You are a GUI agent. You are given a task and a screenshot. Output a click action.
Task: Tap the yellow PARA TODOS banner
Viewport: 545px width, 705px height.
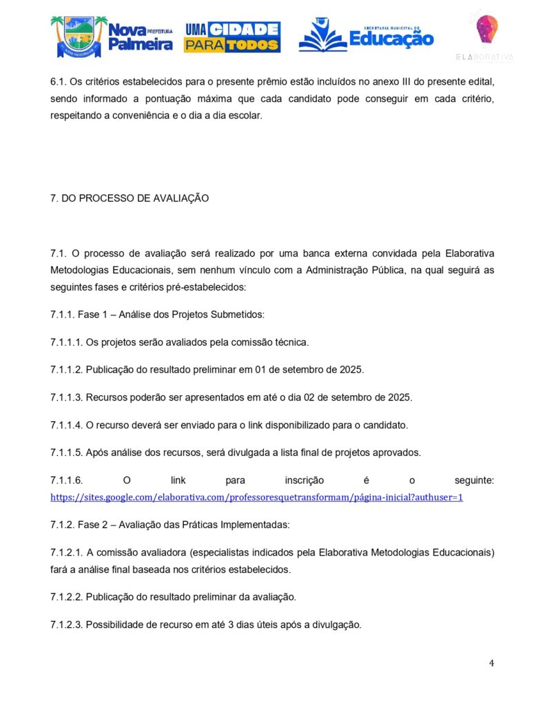pos(232,45)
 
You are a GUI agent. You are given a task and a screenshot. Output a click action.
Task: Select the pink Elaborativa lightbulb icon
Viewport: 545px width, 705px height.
pos(487,29)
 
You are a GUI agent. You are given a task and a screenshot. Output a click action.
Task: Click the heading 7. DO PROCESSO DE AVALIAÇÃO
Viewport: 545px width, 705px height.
pos(130,198)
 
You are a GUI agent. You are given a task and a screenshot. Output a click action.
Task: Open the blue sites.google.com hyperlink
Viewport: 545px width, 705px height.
pos(256,496)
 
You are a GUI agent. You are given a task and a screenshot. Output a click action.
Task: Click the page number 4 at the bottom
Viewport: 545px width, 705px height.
pos(491,663)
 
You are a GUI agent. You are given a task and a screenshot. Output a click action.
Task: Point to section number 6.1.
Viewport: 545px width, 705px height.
pos(59,82)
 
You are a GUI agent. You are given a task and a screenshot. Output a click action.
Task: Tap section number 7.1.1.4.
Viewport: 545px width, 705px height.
pos(66,425)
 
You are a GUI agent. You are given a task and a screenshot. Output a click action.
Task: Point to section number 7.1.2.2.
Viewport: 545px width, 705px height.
pos(66,596)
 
